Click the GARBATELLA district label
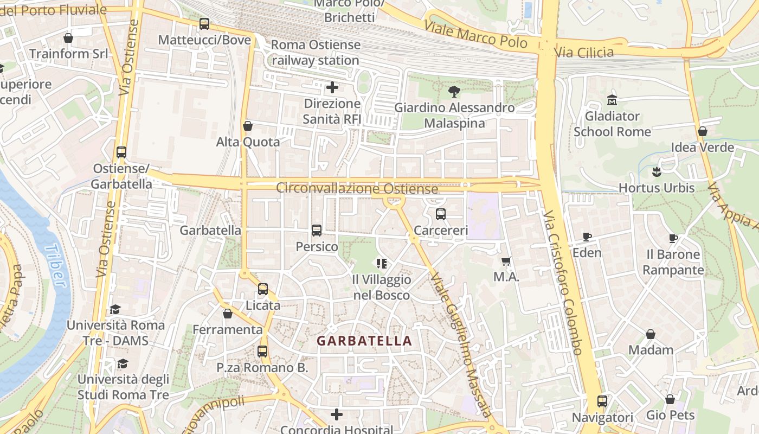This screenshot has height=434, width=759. click(x=364, y=341)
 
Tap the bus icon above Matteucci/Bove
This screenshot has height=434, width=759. click(x=204, y=24)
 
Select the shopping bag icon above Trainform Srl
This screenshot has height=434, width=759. click(x=68, y=38)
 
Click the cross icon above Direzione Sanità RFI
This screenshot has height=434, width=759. click(x=332, y=87)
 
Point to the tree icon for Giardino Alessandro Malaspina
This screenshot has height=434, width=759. click(x=454, y=92)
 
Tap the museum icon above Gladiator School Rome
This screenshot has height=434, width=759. click(x=613, y=100)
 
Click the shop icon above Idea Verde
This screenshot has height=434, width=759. click(x=703, y=131)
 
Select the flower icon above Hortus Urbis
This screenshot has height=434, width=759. click(x=657, y=172)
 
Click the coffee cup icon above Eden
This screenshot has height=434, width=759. click(x=587, y=237)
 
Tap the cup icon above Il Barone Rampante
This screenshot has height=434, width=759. click(x=673, y=238)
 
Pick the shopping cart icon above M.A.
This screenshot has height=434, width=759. click(x=506, y=261)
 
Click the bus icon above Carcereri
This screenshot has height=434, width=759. click(x=441, y=214)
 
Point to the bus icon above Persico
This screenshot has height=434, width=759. click(x=317, y=231)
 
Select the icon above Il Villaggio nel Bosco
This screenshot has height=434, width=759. click(x=382, y=264)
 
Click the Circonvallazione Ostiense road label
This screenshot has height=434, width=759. click(x=357, y=189)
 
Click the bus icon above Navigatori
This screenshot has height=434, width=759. click(x=602, y=401)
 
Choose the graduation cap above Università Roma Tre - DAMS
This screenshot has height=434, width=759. click(x=115, y=309)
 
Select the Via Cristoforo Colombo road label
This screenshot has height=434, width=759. click(x=564, y=282)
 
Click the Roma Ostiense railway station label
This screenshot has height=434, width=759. click(x=316, y=53)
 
